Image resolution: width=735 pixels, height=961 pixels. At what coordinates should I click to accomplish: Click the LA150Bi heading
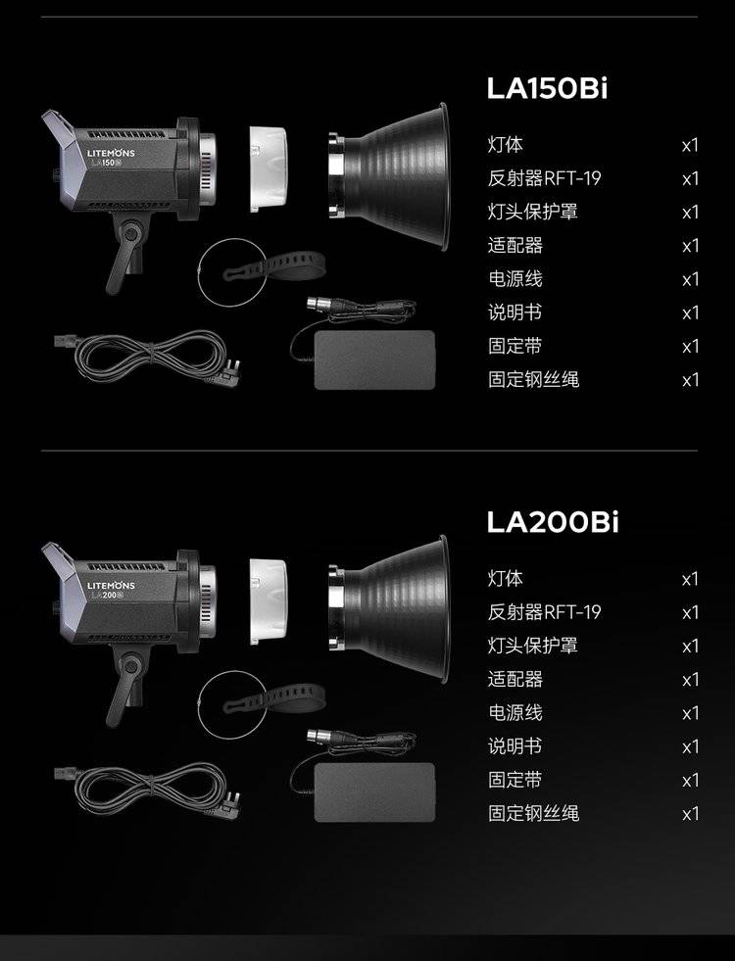547,88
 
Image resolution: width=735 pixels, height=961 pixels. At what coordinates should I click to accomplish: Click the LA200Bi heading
553,521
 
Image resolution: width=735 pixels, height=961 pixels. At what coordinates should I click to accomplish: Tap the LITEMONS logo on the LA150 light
111,153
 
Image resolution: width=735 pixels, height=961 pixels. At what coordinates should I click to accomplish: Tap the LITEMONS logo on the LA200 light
111,585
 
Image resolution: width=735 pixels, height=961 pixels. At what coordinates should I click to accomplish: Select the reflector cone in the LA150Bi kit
388,176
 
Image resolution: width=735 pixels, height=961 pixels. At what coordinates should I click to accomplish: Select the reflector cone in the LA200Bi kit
388,609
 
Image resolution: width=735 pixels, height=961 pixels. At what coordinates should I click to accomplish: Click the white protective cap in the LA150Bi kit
268,168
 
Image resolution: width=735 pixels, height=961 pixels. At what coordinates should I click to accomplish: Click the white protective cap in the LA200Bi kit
268,601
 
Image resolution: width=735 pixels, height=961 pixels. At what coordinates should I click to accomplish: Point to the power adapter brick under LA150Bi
374,360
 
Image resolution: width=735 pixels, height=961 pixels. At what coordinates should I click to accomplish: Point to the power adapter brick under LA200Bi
374,793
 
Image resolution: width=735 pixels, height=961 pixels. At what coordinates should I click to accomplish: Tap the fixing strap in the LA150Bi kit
274,265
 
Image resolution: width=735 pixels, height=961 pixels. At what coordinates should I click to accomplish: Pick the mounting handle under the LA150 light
126,252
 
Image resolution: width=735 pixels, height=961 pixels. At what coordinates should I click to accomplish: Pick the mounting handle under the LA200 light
126,684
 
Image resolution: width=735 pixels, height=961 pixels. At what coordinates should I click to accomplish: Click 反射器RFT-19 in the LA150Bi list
544,178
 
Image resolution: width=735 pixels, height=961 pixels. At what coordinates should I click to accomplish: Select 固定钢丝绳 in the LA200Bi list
533,813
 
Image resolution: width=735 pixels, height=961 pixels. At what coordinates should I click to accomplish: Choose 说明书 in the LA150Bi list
514,312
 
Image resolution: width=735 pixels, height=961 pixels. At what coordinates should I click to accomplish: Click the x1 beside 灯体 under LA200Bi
690,579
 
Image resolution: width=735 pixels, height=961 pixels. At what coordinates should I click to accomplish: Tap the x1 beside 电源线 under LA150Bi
690,279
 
